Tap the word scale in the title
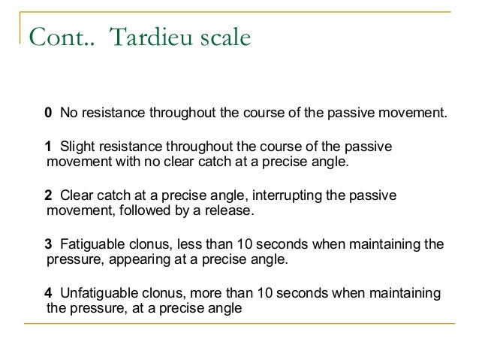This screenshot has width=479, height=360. coord(224,38)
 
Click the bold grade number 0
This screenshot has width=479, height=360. coord(48,113)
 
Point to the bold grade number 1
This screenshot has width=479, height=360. coord(48,147)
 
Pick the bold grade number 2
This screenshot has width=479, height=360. coord(48,195)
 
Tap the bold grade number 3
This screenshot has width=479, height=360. coord(48,244)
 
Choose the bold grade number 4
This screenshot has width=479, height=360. coord(48,292)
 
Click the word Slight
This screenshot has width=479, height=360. coord(77,147)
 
